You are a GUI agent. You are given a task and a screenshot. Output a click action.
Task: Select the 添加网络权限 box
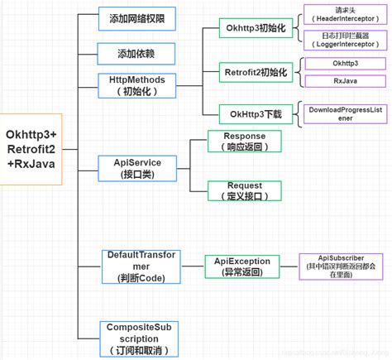[136, 17]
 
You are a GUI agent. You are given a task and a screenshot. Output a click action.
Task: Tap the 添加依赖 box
[136, 54]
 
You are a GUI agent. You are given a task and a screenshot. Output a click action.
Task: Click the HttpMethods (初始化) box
[136, 85]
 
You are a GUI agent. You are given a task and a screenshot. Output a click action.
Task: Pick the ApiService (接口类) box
[134, 167]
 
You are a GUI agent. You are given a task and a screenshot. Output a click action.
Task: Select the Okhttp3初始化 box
[255, 28]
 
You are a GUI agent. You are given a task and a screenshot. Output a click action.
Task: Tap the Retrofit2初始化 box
[255, 73]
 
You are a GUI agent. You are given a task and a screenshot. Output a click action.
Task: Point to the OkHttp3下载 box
[255, 113]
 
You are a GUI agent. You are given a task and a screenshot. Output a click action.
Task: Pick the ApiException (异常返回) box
[238, 266]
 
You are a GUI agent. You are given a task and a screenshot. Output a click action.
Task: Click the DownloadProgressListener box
[344, 113]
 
